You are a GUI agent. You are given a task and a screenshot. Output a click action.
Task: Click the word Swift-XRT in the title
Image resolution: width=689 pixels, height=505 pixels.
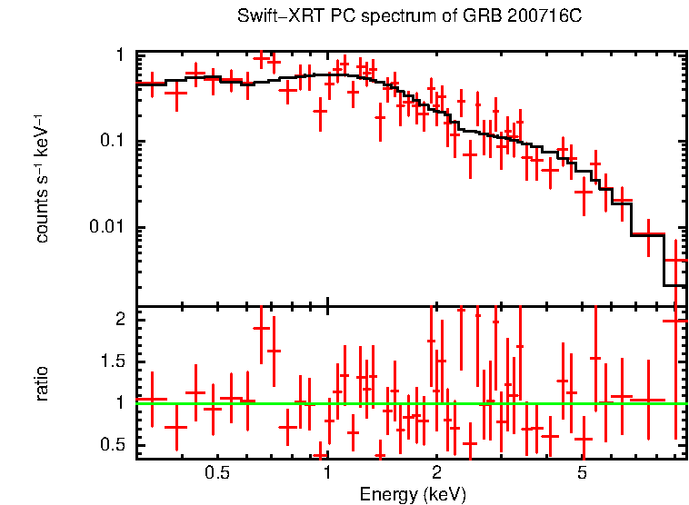pyautogui.click(x=274, y=16)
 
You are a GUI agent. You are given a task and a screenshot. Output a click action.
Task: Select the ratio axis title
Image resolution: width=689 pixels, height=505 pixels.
pyautogui.click(x=42, y=383)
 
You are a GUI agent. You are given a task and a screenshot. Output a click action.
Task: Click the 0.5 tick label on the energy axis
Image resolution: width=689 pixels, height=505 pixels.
pyautogui.click(x=216, y=472)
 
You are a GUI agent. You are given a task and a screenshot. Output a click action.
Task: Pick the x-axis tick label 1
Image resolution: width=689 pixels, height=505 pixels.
pyautogui.click(x=327, y=472)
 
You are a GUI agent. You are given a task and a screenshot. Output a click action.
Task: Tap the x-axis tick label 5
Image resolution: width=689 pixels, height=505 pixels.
pyautogui.click(x=583, y=472)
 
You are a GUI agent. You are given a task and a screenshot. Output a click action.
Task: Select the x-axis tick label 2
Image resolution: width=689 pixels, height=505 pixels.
pyautogui.click(x=436, y=472)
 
